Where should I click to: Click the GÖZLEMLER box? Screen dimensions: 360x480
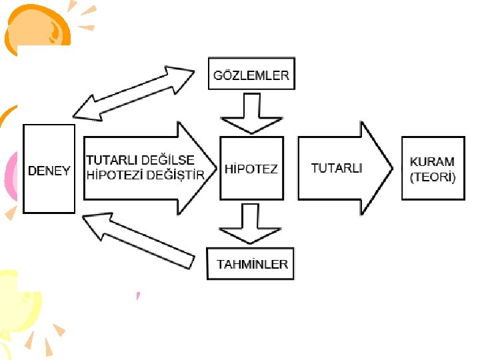[251, 75]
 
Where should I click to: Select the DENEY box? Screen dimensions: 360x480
[49, 169]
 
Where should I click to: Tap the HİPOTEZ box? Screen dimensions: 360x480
[251, 169]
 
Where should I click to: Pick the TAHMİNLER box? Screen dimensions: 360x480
[252, 264]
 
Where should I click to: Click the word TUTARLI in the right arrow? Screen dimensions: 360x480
[337, 168]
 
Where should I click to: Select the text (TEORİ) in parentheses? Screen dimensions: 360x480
[433, 177]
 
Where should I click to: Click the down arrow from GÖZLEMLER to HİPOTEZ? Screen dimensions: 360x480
[251, 113]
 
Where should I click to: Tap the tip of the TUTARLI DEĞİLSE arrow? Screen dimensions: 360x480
[215, 168]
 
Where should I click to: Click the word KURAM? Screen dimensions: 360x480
[432, 161]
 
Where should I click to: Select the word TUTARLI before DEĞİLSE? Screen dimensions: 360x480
[112, 161]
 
